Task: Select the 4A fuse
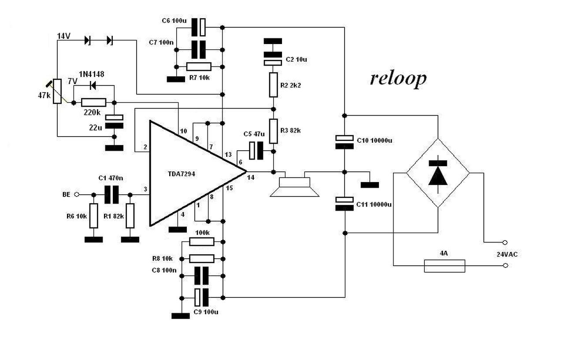coord(444,266)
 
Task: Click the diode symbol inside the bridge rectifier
coord(438,173)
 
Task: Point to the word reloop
coord(398,78)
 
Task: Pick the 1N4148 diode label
coord(92,74)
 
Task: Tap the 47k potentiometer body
coord(57,91)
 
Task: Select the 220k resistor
coord(93,103)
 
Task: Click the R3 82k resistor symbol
coord(273,131)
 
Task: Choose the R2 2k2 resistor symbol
coord(273,85)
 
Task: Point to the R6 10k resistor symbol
coord(93,216)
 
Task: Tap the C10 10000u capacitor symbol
coord(345,141)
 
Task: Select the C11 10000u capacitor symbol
coord(345,203)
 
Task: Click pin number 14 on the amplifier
coord(251,177)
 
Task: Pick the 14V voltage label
coord(64,36)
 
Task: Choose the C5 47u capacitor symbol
coord(256,151)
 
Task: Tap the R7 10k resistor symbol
coord(199,67)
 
